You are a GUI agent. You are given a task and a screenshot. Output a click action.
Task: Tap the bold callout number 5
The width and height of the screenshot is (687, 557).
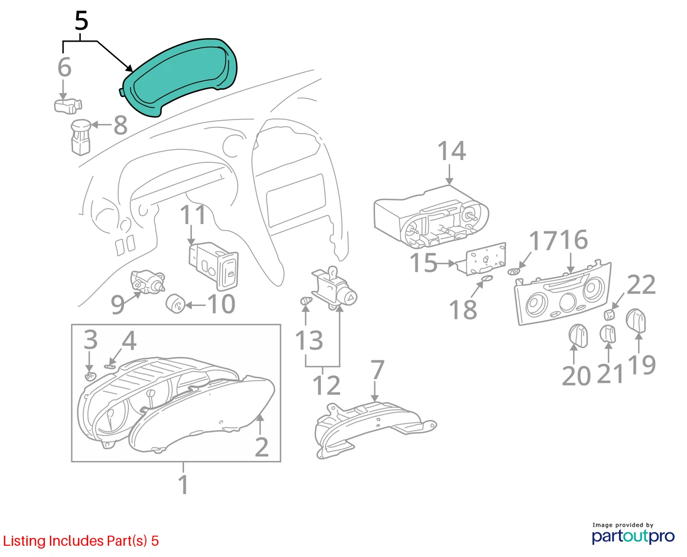tap(81, 21)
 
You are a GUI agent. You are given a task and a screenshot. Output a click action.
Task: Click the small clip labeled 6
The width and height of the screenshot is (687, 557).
tap(68, 107)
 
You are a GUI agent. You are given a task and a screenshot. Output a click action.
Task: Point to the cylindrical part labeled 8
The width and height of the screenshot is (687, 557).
tap(81, 137)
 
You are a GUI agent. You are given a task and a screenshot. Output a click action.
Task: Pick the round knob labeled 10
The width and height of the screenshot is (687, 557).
tap(175, 304)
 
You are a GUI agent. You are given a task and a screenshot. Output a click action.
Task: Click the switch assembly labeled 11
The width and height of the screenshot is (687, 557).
tap(213, 266)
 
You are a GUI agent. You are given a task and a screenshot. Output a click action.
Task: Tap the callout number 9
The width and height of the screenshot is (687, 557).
tap(117, 304)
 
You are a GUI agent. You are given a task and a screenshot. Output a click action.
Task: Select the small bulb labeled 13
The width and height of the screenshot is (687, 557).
tap(306, 301)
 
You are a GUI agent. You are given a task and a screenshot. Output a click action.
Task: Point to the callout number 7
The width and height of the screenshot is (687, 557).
tap(377, 370)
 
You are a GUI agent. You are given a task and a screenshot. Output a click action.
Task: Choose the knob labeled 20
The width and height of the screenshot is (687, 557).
tap(578, 336)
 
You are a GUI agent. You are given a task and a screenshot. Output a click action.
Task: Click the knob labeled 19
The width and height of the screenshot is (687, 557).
tap(636, 321)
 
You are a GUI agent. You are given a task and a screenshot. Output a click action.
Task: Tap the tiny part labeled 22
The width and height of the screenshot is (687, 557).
tap(609, 314)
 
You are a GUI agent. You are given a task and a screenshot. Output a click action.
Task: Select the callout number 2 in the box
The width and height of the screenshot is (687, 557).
tap(261, 446)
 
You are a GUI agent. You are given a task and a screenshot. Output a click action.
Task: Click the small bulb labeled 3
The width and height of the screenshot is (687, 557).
tap(90, 376)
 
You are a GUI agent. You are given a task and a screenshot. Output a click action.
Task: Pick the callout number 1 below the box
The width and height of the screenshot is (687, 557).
tap(183, 485)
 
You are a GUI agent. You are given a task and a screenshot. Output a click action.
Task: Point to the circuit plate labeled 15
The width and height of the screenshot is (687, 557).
tap(484, 259)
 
